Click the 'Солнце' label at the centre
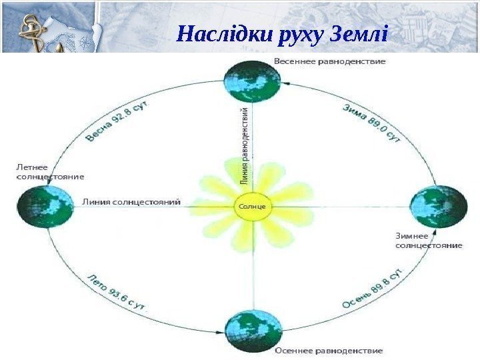(x=252, y=207)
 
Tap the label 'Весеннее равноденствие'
(x=329, y=61)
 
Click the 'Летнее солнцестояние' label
(x=49, y=172)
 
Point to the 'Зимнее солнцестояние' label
(x=429, y=240)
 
